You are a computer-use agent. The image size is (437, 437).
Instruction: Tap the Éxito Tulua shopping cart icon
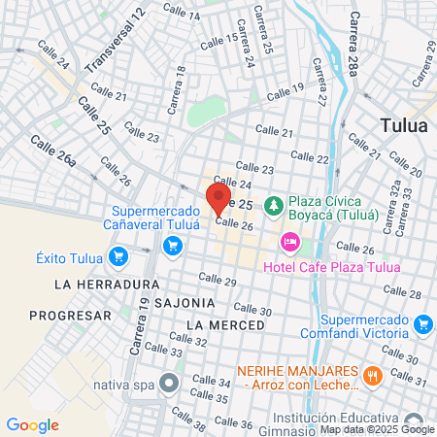[119, 257]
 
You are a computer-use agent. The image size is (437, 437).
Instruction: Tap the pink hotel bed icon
[289, 240]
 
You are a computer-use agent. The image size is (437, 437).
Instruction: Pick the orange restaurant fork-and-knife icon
[371, 375]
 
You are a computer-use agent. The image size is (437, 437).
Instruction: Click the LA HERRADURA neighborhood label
[107, 285]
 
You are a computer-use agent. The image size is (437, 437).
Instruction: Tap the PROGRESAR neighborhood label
[70, 316]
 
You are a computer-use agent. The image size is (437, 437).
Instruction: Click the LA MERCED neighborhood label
[224, 323]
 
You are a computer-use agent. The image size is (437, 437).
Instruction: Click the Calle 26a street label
[53, 152]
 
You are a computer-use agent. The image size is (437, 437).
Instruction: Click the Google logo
[32, 424]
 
